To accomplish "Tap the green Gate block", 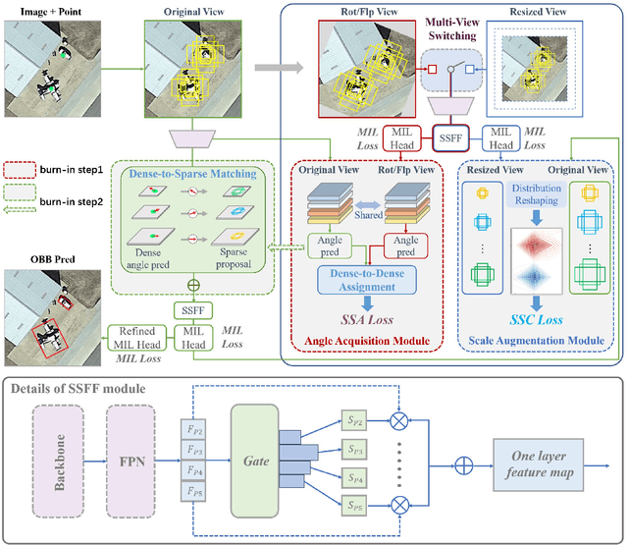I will pos(251,460).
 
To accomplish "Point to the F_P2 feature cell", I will pos(196,429).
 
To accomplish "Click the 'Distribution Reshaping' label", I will pos(536,192).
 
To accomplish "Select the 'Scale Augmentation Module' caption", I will pos(535,341).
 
